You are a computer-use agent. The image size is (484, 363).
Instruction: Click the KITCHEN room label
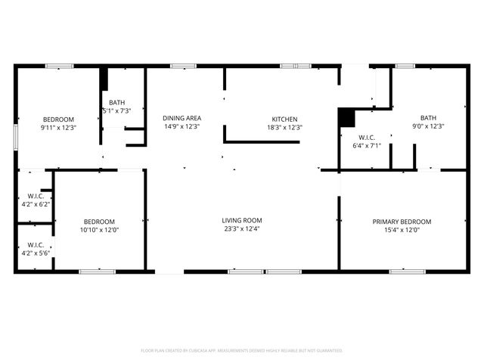point(284,119)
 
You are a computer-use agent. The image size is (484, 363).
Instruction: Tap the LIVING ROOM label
point(241,221)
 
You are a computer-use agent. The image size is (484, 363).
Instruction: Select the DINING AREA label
point(181,118)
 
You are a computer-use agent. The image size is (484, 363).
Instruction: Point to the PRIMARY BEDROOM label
point(402,222)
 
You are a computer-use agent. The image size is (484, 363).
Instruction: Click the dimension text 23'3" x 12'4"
point(241,230)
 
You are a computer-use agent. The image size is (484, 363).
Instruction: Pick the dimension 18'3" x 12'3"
point(284,128)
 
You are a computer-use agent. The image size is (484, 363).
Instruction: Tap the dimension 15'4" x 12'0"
point(402,231)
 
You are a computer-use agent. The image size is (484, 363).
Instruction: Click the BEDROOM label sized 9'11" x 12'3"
point(58,119)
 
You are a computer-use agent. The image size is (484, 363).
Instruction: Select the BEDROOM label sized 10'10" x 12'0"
point(100,221)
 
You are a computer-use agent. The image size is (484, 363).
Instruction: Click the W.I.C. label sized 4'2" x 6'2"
point(35,196)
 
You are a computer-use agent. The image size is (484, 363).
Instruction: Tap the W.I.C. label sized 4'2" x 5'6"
point(35,245)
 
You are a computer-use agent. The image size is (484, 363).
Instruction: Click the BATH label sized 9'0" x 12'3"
point(429,118)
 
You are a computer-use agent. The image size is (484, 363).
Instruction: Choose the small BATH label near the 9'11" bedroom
point(116,103)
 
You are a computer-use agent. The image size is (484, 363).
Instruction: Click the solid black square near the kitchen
point(346,117)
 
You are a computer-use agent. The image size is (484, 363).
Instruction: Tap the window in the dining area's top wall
point(181,67)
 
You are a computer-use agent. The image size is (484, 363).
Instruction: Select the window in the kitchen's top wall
point(296,67)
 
